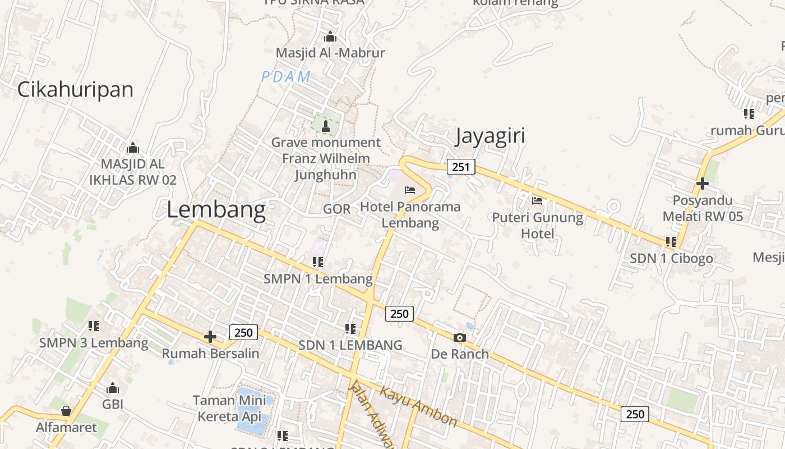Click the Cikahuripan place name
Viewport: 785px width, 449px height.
click(75, 89)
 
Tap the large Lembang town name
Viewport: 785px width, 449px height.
click(216, 209)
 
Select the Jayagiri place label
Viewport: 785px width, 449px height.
click(490, 136)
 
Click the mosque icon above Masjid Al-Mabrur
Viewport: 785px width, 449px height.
click(330, 37)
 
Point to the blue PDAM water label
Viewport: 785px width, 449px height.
click(286, 77)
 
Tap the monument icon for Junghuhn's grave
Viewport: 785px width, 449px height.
click(325, 126)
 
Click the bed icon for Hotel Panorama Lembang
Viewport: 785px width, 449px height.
click(410, 190)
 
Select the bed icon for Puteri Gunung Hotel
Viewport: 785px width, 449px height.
click(537, 201)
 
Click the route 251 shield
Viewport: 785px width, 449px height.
click(461, 167)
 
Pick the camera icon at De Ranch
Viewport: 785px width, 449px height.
click(459, 337)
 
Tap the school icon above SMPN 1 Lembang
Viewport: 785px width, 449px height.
click(318, 262)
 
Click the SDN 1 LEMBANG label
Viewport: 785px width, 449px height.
click(350, 345)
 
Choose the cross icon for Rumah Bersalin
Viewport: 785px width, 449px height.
click(210, 337)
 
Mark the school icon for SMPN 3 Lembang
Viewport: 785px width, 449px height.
click(94, 326)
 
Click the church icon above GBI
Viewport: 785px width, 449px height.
click(113, 388)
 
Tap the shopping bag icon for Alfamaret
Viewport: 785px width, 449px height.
click(66, 411)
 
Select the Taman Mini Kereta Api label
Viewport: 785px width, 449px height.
click(229, 409)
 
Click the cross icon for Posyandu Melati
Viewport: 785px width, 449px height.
click(702, 184)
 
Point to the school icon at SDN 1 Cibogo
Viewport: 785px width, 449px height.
click(671, 242)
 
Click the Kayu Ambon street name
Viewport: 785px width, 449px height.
click(418, 405)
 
